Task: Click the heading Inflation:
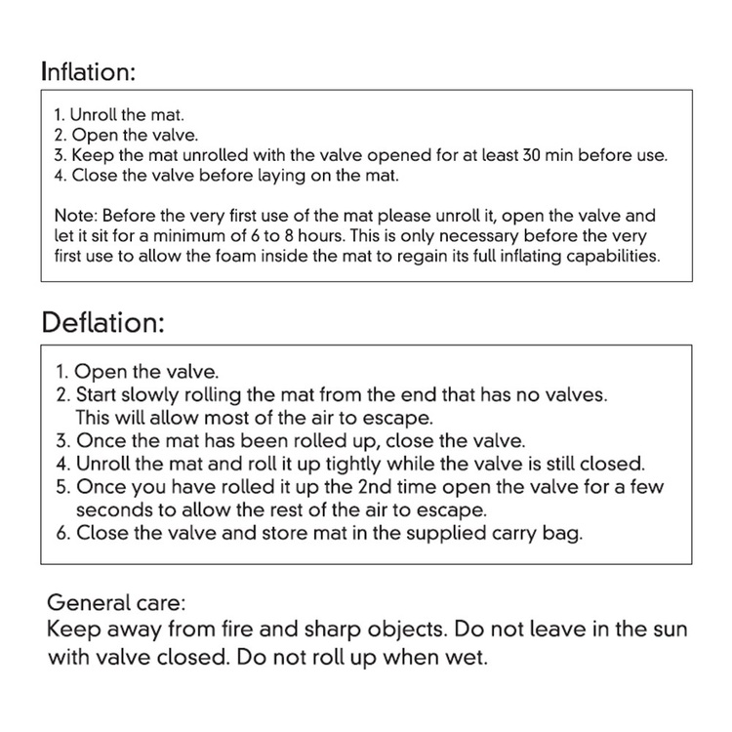click(x=88, y=71)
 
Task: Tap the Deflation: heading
click(x=102, y=322)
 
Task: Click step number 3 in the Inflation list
click(x=59, y=155)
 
